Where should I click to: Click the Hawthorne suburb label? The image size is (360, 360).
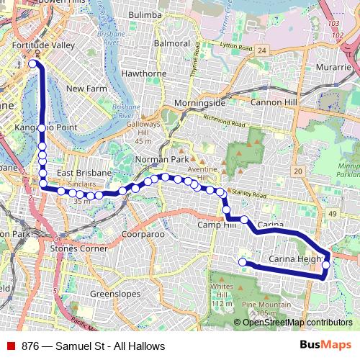pos(144,73)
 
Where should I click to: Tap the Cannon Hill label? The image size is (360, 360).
pos(276,102)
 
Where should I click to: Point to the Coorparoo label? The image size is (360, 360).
pos(143,235)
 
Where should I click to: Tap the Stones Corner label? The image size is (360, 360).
pos(79,248)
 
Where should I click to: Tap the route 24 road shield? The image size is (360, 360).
pos(262,50)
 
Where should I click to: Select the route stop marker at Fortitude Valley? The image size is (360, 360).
pos(32,63)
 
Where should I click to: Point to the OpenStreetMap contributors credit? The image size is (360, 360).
pos(297,322)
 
